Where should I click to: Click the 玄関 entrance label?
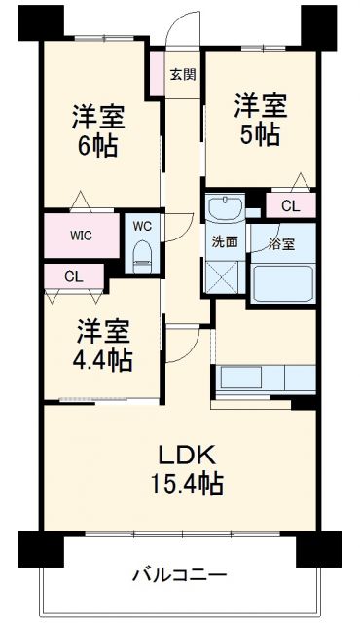(x=181, y=75)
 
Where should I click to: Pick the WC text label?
(x=142, y=226)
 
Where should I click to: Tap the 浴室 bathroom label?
(x=285, y=242)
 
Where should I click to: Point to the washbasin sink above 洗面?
(x=226, y=209)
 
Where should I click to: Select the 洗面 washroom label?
(x=225, y=242)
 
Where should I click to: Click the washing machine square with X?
(x=224, y=278)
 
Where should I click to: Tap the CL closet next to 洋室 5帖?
(x=291, y=205)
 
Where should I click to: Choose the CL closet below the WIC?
(x=75, y=276)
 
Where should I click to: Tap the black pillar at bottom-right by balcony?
(x=333, y=547)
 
